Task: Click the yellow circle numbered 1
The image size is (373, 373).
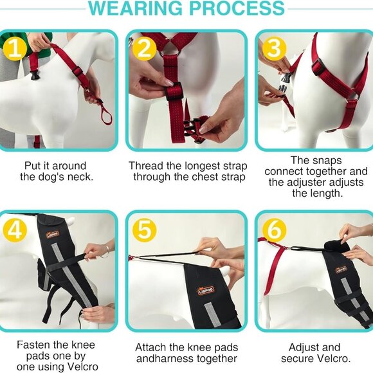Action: click(x=15, y=49)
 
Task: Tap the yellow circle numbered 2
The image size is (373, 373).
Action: click(x=145, y=49)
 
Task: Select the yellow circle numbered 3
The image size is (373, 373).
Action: click(x=274, y=49)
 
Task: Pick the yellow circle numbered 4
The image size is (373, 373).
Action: click(x=15, y=230)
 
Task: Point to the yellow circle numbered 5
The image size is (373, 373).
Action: click(x=145, y=230)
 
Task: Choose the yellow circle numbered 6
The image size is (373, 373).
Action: click(x=274, y=230)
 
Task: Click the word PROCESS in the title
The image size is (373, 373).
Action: click(x=237, y=8)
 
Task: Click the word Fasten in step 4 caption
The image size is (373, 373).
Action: click(x=33, y=345)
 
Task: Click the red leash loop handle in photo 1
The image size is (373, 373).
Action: click(x=106, y=115)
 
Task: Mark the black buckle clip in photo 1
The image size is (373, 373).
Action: click(x=35, y=75)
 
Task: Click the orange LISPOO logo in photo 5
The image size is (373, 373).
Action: click(x=206, y=290)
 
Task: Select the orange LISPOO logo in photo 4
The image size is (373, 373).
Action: click(x=52, y=234)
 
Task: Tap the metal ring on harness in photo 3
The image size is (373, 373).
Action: click(x=354, y=96)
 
